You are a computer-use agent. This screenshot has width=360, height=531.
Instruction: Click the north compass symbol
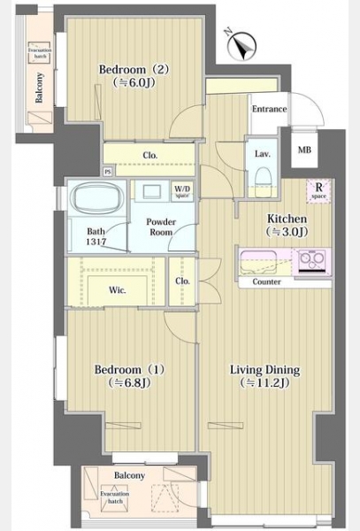[x=241, y=42]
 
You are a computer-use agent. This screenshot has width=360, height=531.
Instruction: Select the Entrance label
[x=269, y=109]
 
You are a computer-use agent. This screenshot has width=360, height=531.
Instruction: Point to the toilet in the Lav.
[x=262, y=177]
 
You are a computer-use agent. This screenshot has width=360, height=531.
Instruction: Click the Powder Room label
[x=161, y=227]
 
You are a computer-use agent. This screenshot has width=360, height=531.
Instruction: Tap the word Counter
[x=266, y=282]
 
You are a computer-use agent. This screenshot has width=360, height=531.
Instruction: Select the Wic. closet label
[x=116, y=289]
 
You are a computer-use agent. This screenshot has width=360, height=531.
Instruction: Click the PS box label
[x=108, y=172]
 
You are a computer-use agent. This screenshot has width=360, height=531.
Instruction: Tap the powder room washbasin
[x=148, y=191]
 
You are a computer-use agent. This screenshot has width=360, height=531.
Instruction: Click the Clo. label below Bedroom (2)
[x=150, y=156]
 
